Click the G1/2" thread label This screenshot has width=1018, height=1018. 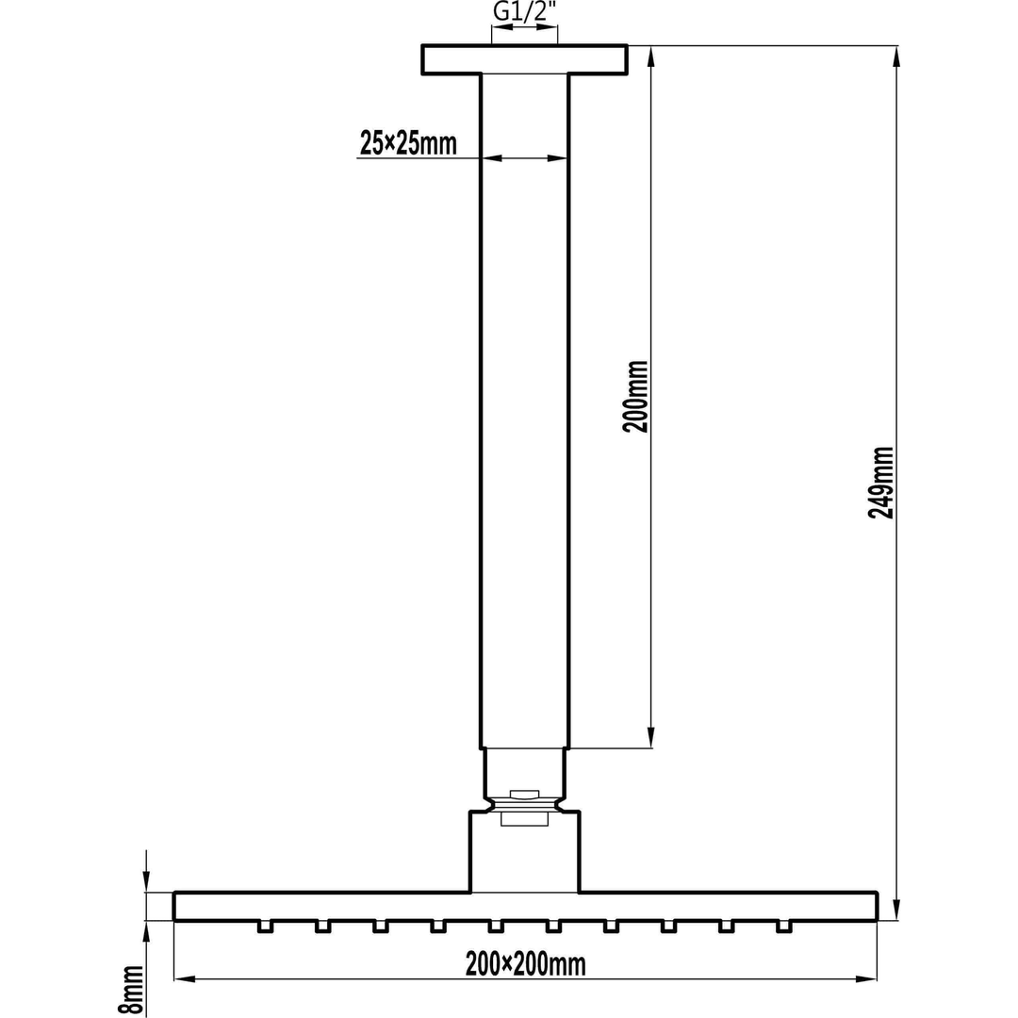click(524, 13)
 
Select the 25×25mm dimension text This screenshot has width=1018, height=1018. click(408, 143)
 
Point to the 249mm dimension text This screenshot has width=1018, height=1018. click(881, 482)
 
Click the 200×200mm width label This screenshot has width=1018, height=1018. click(525, 964)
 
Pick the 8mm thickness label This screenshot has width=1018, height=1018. click(131, 990)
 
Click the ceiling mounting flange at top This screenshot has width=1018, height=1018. click(524, 59)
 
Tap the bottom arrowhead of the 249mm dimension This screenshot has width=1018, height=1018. click(896, 911)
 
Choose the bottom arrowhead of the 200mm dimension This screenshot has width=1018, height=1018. click(650, 738)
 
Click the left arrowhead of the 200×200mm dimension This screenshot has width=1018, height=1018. click(184, 979)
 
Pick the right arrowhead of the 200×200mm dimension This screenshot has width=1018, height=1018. click(867, 979)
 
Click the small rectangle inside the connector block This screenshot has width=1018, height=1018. click(524, 819)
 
